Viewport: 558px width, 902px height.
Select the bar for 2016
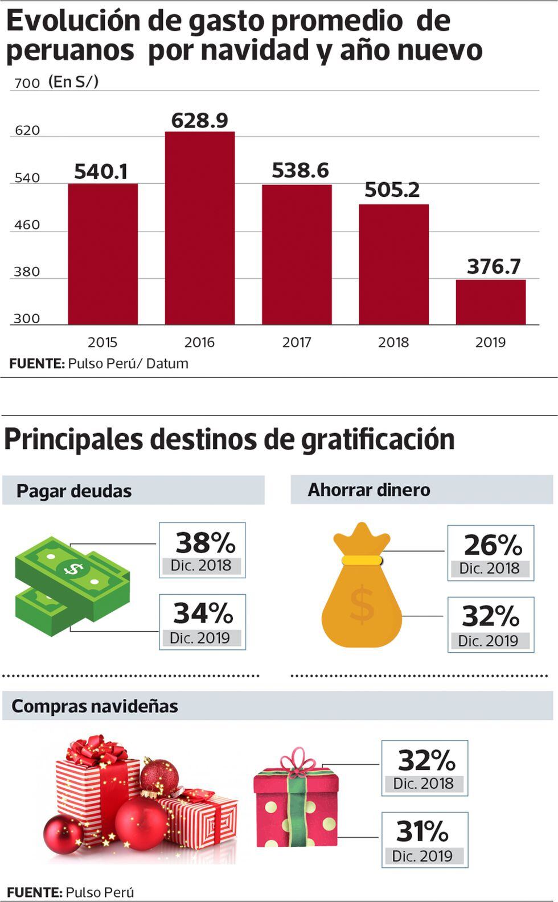click(200, 228)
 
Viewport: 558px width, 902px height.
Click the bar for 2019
click(490, 302)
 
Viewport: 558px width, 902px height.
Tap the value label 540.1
click(101, 171)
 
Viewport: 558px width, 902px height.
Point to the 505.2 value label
click(392, 190)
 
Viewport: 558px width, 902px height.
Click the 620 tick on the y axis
click(27, 130)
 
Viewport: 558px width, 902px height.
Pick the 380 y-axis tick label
click(27, 271)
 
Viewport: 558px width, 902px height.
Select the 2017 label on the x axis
click(297, 342)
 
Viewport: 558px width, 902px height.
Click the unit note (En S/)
click(73, 82)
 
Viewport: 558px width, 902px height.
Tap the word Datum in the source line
click(167, 364)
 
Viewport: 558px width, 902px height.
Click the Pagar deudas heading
click(74, 491)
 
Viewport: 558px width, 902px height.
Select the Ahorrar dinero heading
click(369, 490)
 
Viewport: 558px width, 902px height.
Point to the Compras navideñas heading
click(95, 706)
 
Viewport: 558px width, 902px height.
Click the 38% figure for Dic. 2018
click(205, 543)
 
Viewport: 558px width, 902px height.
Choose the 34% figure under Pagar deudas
click(203, 613)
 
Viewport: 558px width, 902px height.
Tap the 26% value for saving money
click(493, 545)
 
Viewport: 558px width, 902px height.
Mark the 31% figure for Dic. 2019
click(422, 831)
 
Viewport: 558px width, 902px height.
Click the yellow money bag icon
click(362, 592)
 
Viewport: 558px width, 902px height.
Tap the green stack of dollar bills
click(72, 586)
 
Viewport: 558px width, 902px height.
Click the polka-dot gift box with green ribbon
click(296, 802)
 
